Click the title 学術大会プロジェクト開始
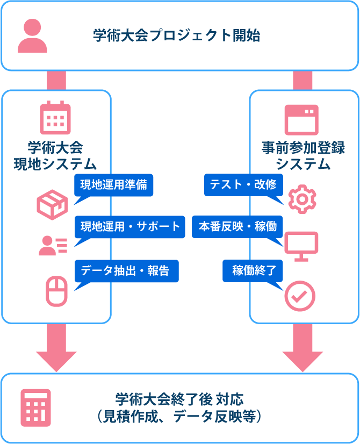pyautogui.click(x=177, y=36)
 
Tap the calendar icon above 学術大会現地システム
pyautogui.click(x=55, y=118)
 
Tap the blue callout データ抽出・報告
pyautogui.click(x=125, y=271)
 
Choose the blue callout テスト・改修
pyautogui.click(x=243, y=185)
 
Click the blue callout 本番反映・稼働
pyautogui.click(x=237, y=226)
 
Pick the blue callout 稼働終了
pyautogui.click(x=253, y=271)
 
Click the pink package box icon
pyautogui.click(x=52, y=203)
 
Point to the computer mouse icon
pyautogui.click(x=56, y=291)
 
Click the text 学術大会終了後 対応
pyautogui.click(x=179, y=399)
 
